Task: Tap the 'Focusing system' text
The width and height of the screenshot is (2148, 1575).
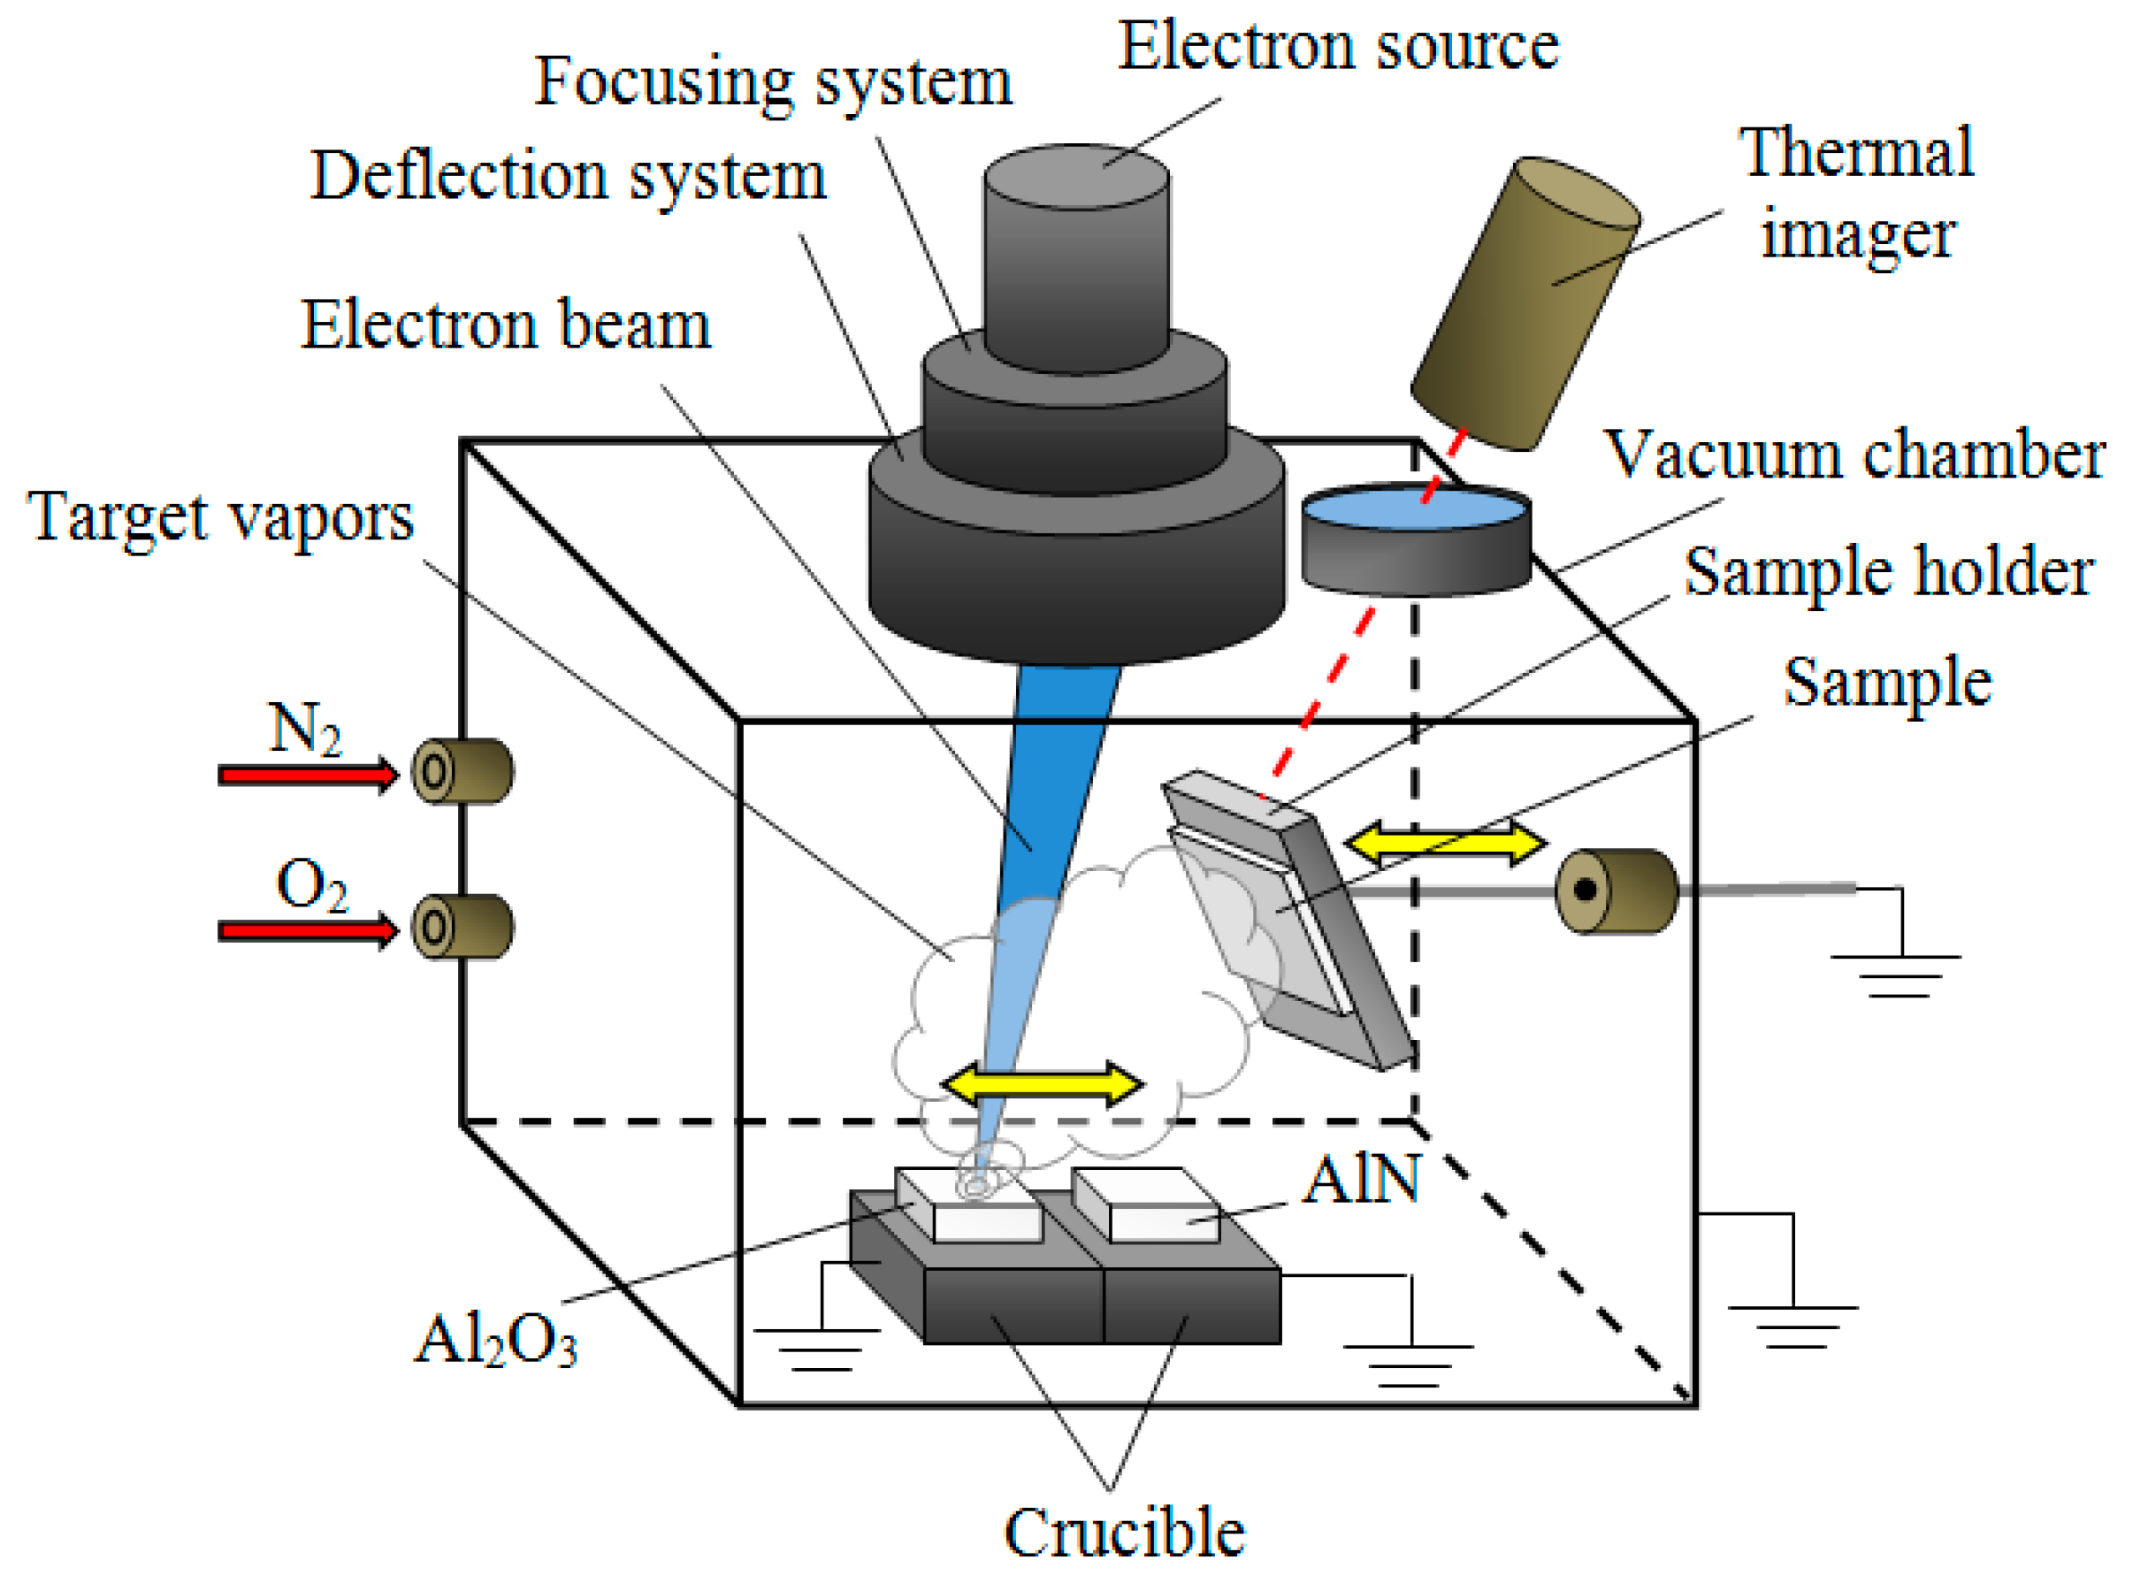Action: click(772, 83)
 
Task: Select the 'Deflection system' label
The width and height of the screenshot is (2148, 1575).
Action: click(569, 178)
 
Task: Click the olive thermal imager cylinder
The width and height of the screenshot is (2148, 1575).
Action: click(1525, 303)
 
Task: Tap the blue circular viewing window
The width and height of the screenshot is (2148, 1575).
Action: click(1416, 508)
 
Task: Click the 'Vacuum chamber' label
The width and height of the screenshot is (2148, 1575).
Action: click(1854, 455)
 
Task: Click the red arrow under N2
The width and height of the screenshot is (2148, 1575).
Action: click(308, 774)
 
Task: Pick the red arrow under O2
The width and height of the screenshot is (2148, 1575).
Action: click(308, 929)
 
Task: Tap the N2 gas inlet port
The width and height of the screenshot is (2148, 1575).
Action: click(462, 770)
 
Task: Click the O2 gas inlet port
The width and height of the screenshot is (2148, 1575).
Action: click(462, 926)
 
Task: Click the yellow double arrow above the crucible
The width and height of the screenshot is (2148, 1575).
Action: click(1042, 1083)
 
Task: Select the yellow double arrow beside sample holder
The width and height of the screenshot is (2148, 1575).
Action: click(1445, 842)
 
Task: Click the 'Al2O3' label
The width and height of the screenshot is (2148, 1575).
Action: click(496, 1339)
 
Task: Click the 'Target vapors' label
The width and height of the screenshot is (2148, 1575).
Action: click(220, 518)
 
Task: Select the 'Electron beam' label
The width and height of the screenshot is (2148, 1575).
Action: click(506, 325)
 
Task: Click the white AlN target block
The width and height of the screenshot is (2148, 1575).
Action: click(1147, 1205)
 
